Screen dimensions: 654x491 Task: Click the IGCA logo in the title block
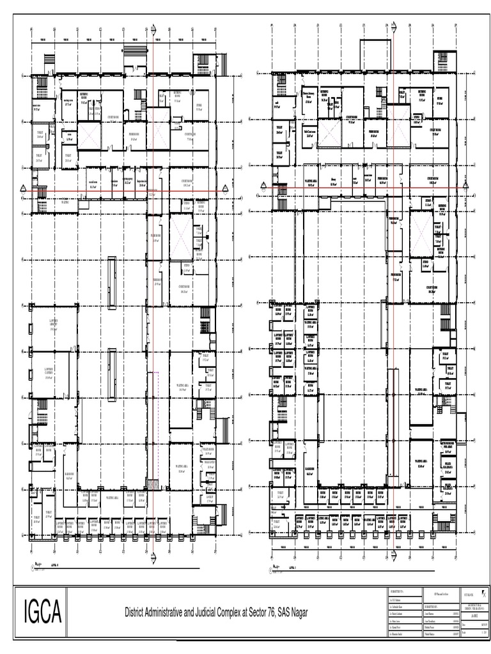pyautogui.click(x=42, y=612)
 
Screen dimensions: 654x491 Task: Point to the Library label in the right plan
pyautogui.click(x=334, y=180)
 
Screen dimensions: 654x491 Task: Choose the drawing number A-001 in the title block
pyautogui.click(x=474, y=607)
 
